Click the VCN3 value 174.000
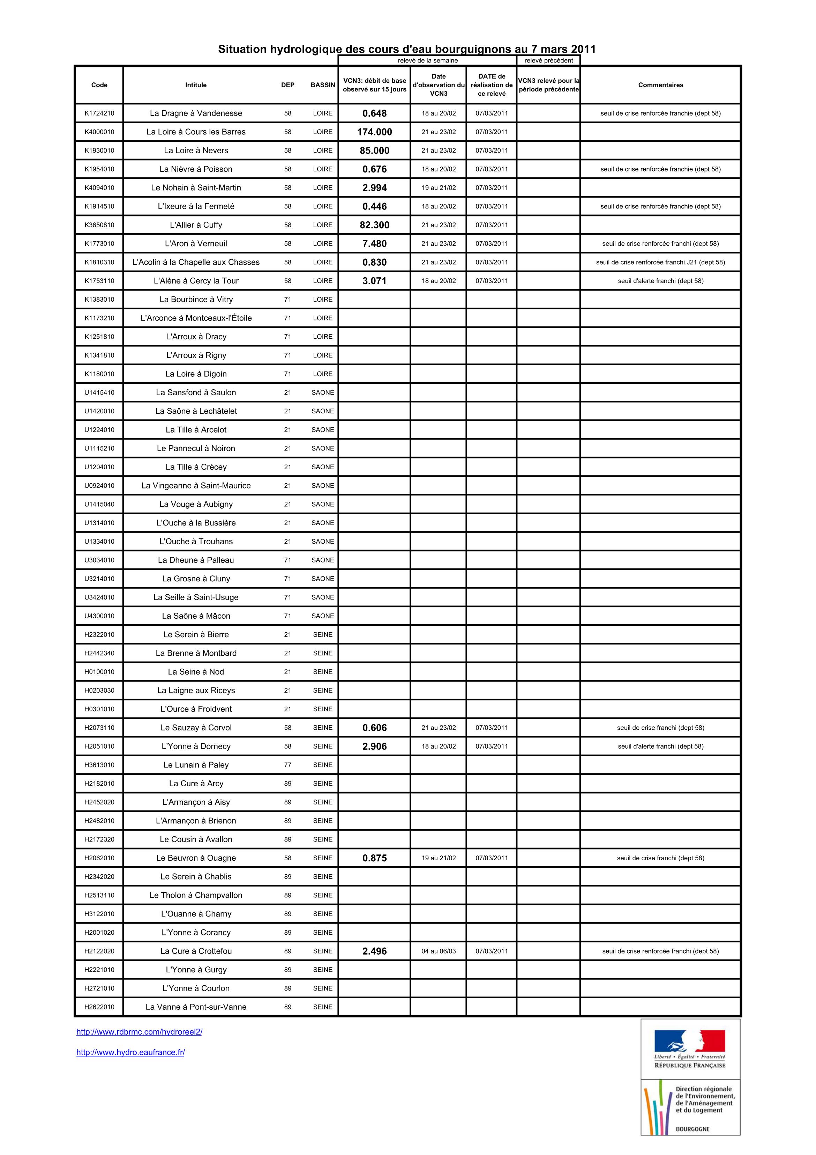[375, 132]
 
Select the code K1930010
[99, 150]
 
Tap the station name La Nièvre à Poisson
[196, 169]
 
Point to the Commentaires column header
[661, 85]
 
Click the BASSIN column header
[323, 85]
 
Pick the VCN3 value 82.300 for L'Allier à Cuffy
[375, 225]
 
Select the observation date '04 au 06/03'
[439, 951]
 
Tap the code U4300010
[99, 616]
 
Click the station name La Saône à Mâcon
[196, 616]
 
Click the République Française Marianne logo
[690, 1040]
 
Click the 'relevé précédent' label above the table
[548, 60]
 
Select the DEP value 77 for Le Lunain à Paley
[287, 765]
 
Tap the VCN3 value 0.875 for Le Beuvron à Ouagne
[375, 858]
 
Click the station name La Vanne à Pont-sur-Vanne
[196, 1007]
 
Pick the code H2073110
[99, 727]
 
